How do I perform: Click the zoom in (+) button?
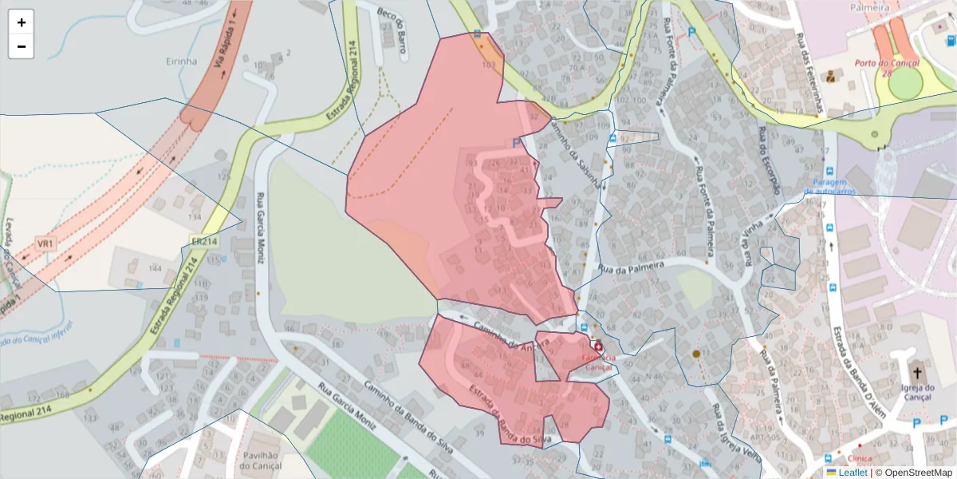(22, 22)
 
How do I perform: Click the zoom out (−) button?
(22, 46)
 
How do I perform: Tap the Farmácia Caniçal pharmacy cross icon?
(598, 347)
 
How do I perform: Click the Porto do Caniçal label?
(887, 63)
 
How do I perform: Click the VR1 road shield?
(45, 243)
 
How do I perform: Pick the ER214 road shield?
(204, 241)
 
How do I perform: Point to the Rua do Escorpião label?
(770, 160)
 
